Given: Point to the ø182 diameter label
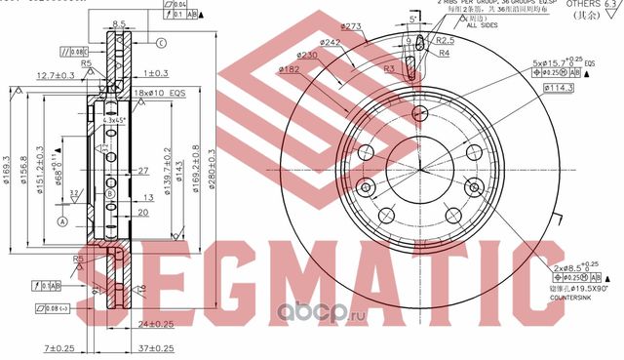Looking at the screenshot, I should click(289, 70).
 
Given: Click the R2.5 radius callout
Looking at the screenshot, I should click(446, 41).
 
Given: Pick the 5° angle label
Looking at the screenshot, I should click(413, 18).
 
